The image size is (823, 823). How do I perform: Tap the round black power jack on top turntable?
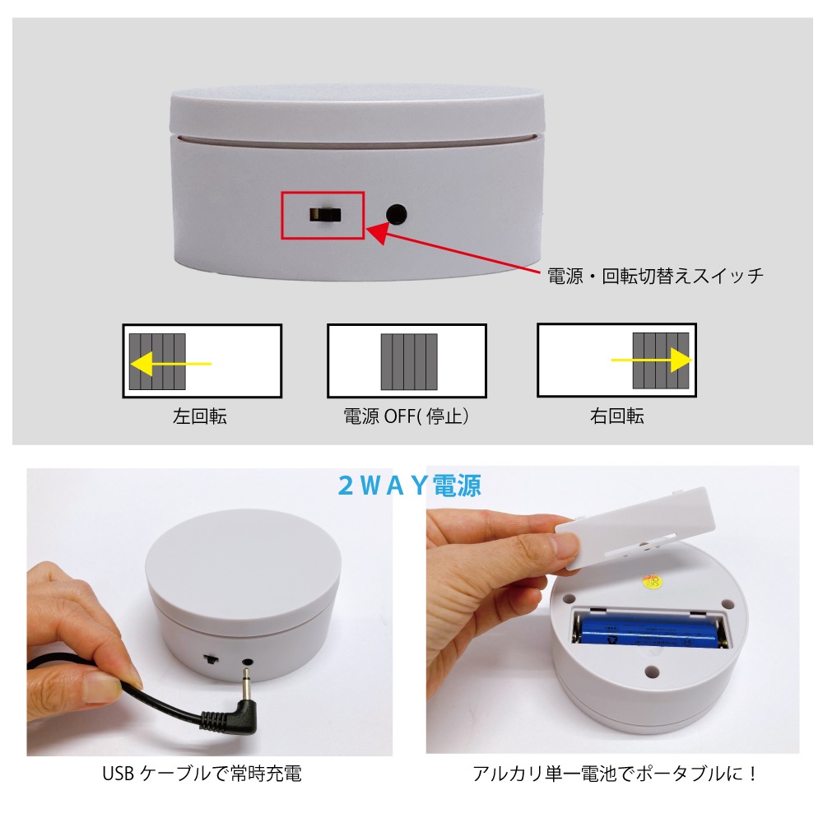coord(397,215)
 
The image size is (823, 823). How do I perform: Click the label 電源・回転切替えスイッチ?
coord(655,276)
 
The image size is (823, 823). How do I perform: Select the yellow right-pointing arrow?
coord(650,360)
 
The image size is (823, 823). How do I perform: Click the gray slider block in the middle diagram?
coord(409,362)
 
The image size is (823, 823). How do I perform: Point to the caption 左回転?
coord(200,416)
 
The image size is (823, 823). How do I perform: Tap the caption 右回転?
coord(616,416)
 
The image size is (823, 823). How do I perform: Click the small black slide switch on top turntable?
coord(324,215)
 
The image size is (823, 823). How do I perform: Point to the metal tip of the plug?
coord(244,678)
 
